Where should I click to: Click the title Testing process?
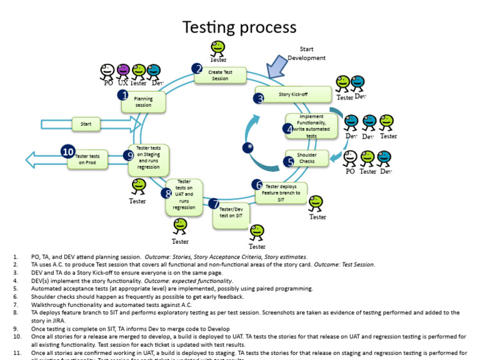click(239, 27)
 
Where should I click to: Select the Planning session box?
click(143, 102)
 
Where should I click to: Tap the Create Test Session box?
click(219, 75)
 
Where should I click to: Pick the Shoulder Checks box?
click(306, 158)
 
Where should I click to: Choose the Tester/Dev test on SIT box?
click(231, 215)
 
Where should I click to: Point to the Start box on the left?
click(86, 124)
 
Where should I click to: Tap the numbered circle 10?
click(68, 151)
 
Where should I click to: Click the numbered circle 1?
click(123, 95)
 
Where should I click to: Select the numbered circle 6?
click(257, 184)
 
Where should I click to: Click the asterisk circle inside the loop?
click(250, 147)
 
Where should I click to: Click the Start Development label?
click(306, 54)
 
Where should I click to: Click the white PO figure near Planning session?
click(107, 72)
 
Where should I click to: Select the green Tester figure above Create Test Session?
click(217, 49)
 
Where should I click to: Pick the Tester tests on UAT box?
click(184, 194)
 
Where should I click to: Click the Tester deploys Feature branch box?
click(281, 193)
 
